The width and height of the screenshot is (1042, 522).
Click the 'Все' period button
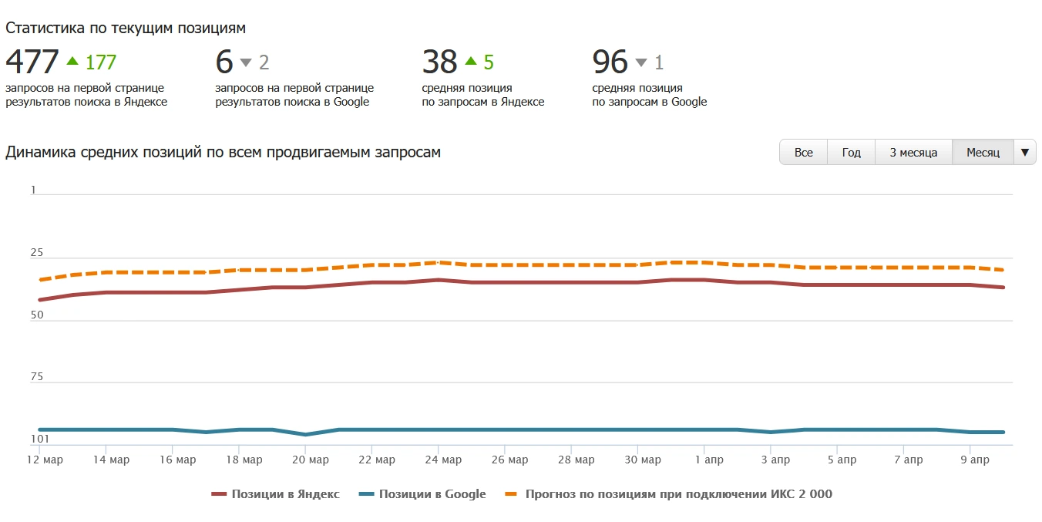pos(803,152)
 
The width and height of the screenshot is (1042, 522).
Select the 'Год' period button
pos(851,152)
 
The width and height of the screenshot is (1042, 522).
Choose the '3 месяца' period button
pos(913,152)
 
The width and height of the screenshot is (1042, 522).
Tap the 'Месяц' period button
pos(983,152)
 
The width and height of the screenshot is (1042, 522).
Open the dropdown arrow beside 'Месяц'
pos(1024,152)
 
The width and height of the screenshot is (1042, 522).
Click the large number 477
pos(32,62)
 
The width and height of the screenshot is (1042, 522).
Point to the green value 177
pos(101,62)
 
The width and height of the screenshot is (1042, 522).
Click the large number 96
pos(610,62)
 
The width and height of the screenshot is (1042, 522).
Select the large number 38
pos(439,62)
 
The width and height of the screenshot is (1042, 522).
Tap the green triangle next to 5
pos(470,61)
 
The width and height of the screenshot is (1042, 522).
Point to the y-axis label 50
pos(37,315)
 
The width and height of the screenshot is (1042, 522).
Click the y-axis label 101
pos(39,439)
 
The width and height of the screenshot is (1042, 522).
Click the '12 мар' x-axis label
pos(45,460)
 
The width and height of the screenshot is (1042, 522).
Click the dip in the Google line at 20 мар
pos(306,434)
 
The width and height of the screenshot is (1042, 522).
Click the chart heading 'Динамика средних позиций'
pos(223,152)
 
